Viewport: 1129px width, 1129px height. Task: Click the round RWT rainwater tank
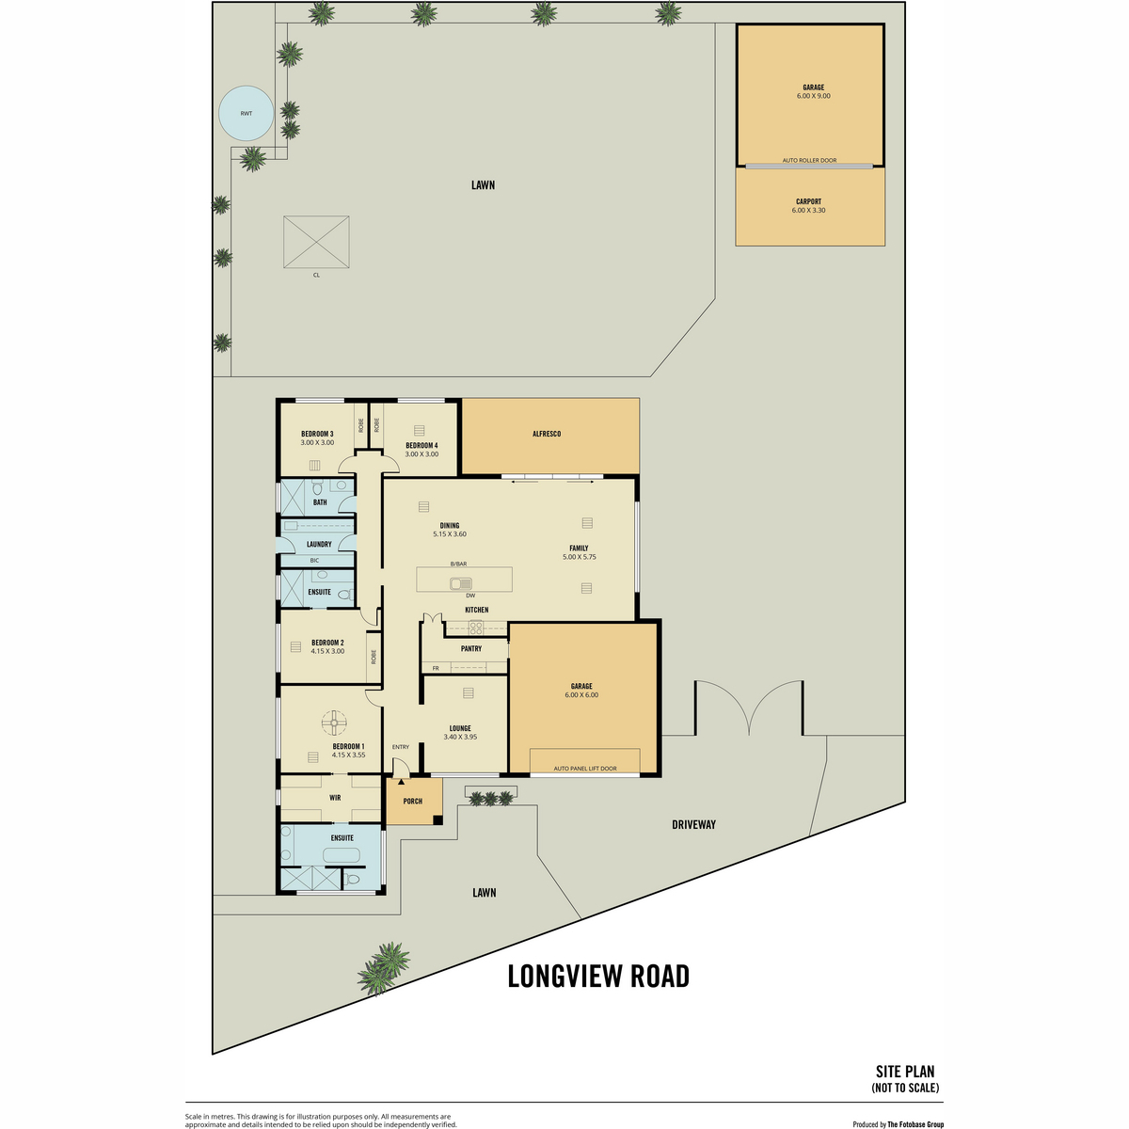[x=246, y=113]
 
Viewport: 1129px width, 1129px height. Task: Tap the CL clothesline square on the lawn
[x=316, y=242]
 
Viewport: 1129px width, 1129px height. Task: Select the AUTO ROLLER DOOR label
[x=809, y=160]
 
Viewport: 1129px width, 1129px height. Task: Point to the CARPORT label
[x=808, y=201]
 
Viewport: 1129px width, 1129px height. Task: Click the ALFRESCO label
[x=547, y=434]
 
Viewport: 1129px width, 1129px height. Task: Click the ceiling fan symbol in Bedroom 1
[x=334, y=723]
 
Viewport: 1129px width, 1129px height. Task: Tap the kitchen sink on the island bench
[x=461, y=583]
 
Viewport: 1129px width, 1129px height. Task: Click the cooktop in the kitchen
[x=476, y=628]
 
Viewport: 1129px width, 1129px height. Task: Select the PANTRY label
[x=471, y=648]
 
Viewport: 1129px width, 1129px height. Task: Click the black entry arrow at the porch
[x=402, y=782]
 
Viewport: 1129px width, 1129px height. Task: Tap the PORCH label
[x=412, y=801]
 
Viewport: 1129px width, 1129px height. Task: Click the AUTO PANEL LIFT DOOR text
[x=584, y=768]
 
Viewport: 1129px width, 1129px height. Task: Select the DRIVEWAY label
[x=693, y=824]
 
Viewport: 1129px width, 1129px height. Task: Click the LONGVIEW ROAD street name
[x=598, y=976]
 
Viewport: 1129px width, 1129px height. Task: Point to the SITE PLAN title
[x=905, y=1072]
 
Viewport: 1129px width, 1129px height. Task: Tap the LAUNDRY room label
[x=319, y=545]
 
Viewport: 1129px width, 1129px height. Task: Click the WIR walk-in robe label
[x=335, y=798]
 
